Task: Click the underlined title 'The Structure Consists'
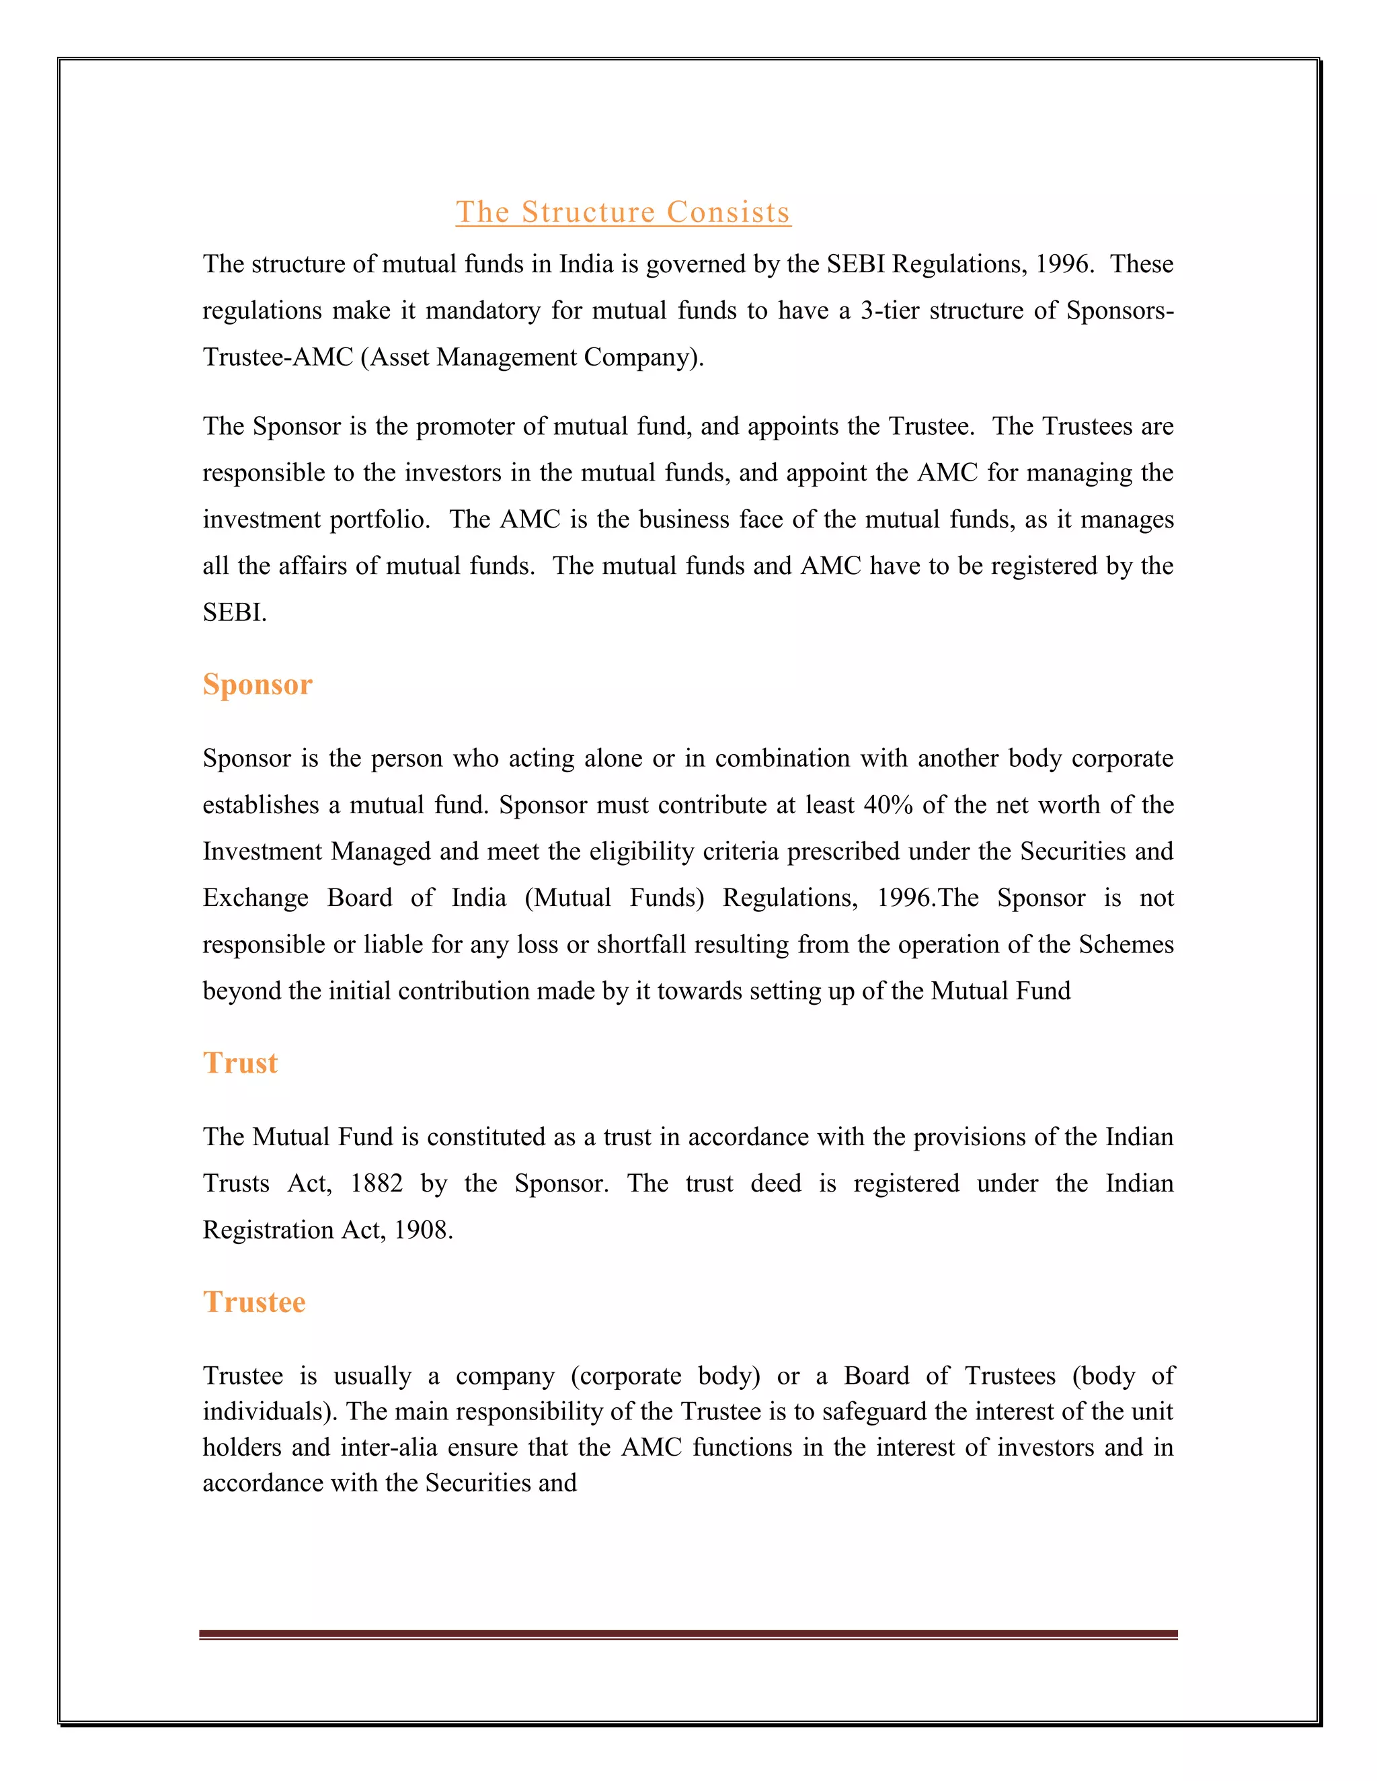coord(623,212)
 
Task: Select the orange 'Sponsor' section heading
coord(258,684)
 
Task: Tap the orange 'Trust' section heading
coord(241,1063)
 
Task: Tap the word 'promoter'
coord(463,427)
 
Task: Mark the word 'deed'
coord(776,1184)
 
